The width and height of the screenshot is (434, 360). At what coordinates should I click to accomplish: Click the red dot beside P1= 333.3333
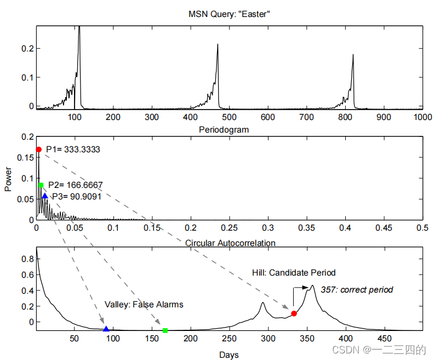coord(38,150)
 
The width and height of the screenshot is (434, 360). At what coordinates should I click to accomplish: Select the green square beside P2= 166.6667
coord(41,185)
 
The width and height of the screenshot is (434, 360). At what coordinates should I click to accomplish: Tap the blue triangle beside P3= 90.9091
coord(45,196)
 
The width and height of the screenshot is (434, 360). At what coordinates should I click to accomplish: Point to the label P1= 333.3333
coord(73,149)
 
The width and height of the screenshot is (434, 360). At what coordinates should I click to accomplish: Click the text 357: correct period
coord(357,289)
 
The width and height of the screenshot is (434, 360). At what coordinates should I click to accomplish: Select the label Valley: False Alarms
coord(144,304)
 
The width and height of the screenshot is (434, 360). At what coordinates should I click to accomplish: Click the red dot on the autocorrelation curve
coord(294,313)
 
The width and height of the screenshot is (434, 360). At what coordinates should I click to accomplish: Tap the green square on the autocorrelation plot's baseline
coord(165,330)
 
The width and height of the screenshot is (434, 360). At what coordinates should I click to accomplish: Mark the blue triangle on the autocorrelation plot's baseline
coord(106,329)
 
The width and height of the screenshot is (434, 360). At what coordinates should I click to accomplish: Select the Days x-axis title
coord(229,355)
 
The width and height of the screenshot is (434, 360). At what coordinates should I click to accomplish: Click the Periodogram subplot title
coord(224,130)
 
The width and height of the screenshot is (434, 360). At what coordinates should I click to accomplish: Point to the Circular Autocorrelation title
coord(230,242)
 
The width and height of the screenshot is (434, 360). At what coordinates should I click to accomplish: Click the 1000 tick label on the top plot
coord(422,117)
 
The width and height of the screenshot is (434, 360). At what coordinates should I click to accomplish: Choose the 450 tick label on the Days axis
coord(384,338)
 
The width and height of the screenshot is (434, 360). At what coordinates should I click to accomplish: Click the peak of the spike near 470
coord(218,44)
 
